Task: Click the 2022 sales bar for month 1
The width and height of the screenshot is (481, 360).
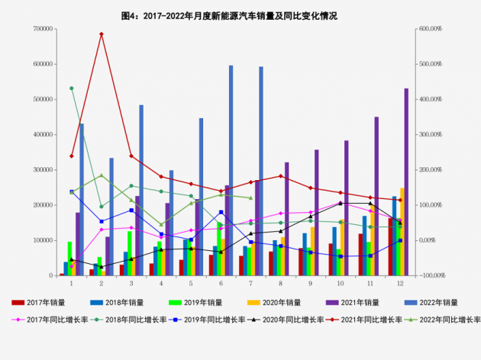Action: [82, 199]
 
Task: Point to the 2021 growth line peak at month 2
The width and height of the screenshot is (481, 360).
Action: [102, 34]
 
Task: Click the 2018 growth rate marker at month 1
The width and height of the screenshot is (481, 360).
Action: [72, 88]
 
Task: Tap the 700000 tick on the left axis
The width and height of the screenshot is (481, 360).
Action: [42, 29]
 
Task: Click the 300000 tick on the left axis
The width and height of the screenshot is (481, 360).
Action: [42, 170]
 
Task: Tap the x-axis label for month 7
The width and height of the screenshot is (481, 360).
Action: [250, 283]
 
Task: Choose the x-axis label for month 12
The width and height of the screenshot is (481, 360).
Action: [400, 283]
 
